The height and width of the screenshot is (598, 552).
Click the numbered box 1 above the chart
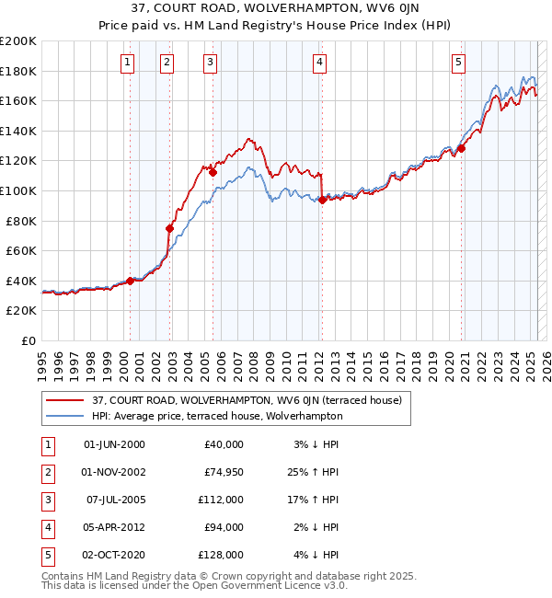[126, 63]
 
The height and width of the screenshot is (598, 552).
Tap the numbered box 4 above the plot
[319, 63]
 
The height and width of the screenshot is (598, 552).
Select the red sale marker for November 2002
[169, 228]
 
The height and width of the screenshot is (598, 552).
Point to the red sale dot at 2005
[213, 172]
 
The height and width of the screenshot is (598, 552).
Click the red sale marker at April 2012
[322, 200]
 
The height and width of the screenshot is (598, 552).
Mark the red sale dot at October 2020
[462, 148]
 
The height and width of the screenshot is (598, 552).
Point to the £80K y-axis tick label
[21, 221]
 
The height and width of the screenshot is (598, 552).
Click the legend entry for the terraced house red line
[247, 400]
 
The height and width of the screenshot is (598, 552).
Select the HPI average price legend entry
[217, 416]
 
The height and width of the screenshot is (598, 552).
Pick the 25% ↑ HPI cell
[313, 472]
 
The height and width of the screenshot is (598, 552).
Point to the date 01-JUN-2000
[114, 444]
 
